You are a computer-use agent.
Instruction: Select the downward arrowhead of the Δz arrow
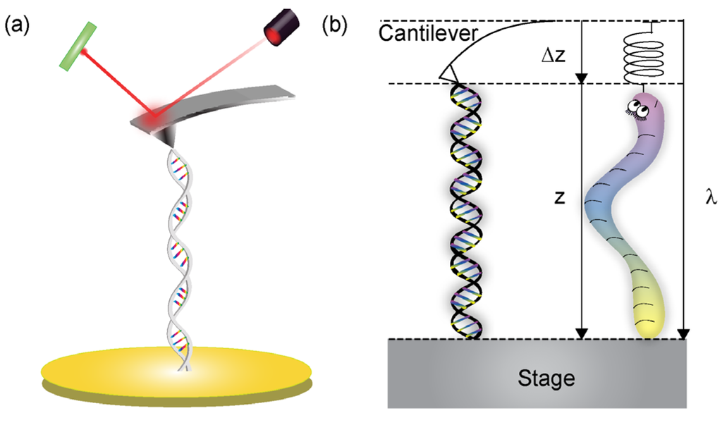[x=580, y=77]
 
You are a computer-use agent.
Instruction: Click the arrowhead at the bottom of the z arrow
[x=580, y=332]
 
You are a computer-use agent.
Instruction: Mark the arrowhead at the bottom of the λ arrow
[x=683, y=332]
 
